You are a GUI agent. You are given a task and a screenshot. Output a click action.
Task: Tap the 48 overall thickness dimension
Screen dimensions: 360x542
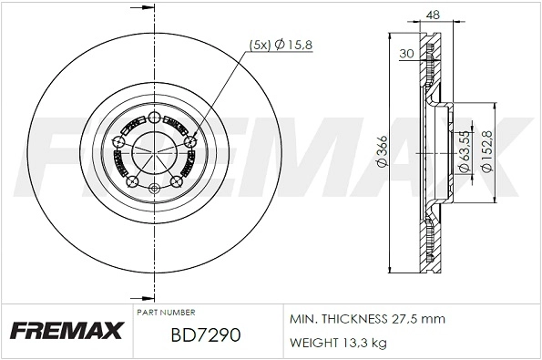pyautogui.click(x=432, y=15)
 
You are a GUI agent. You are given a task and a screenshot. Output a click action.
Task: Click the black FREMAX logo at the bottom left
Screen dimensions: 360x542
pyautogui.click(x=66, y=331)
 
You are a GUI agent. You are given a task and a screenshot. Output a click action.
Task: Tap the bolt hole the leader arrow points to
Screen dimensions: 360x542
pyautogui.click(x=189, y=140)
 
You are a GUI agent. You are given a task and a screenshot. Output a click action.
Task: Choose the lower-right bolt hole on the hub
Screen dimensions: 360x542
pyautogui.click(x=176, y=181)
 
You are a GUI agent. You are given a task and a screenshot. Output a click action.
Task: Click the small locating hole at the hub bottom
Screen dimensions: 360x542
pyautogui.click(x=153, y=188)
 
